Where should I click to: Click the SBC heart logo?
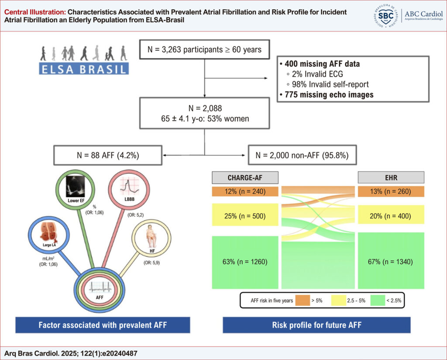click(x=385, y=16)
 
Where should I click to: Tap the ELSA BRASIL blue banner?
click(x=84, y=69)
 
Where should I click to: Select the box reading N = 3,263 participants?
click(x=204, y=50)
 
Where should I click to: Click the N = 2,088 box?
click(x=204, y=113)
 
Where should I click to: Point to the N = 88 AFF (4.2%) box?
click(x=108, y=155)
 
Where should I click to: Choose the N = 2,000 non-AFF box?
click(x=302, y=155)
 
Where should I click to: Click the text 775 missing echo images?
click(x=329, y=95)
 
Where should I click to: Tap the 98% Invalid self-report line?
click(x=327, y=84)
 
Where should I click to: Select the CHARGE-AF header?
click(x=245, y=177)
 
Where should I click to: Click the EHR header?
click(x=391, y=177)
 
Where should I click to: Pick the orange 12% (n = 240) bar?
click(x=245, y=191)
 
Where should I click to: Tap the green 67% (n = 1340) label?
click(x=390, y=262)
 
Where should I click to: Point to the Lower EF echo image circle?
click(x=76, y=189)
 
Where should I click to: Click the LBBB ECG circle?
click(x=129, y=190)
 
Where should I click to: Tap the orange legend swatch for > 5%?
click(x=303, y=301)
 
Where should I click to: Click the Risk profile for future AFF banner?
click(x=317, y=325)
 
